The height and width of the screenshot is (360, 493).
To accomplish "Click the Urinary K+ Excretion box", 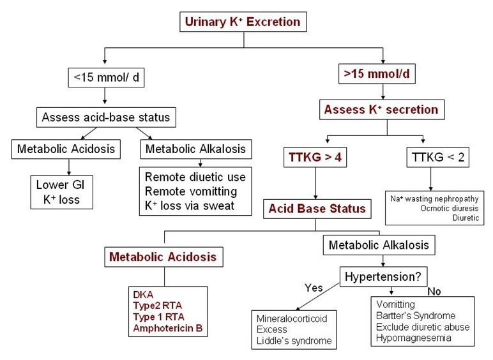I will [x=243, y=22].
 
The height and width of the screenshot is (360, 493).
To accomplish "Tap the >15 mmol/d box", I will [x=376, y=74].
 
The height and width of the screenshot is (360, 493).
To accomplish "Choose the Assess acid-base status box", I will [x=105, y=117].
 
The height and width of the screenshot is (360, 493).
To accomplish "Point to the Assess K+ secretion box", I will [x=381, y=109].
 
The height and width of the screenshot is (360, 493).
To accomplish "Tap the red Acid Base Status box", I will [x=317, y=209].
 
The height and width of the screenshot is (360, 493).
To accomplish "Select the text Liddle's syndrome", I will [x=294, y=341].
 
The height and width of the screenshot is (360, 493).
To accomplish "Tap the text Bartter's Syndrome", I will [x=416, y=316].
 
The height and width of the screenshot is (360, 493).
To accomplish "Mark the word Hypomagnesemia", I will [x=414, y=338].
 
